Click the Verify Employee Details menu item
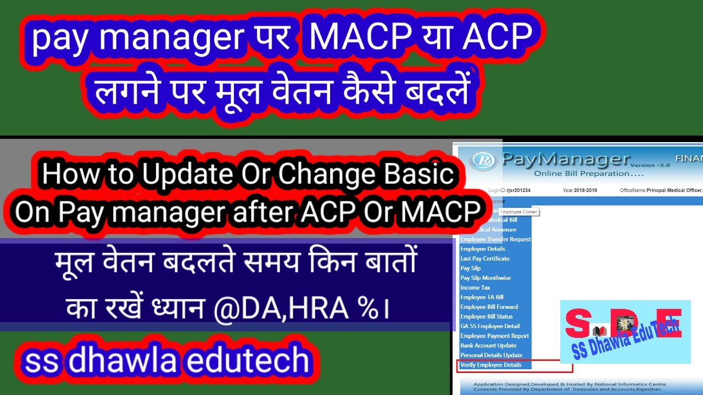(x=491, y=365)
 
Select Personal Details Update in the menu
(x=491, y=356)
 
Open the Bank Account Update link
(x=488, y=346)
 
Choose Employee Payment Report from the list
(x=494, y=336)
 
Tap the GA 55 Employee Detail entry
(x=490, y=326)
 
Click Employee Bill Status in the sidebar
(x=486, y=317)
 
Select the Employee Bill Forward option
(x=489, y=307)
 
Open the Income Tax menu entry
(x=475, y=287)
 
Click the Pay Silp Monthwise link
(x=486, y=278)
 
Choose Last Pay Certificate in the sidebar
(x=484, y=258)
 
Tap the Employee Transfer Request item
(x=495, y=239)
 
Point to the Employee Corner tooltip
(x=518, y=212)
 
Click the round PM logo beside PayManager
(x=483, y=161)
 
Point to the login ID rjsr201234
(x=518, y=190)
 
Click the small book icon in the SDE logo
(x=599, y=332)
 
